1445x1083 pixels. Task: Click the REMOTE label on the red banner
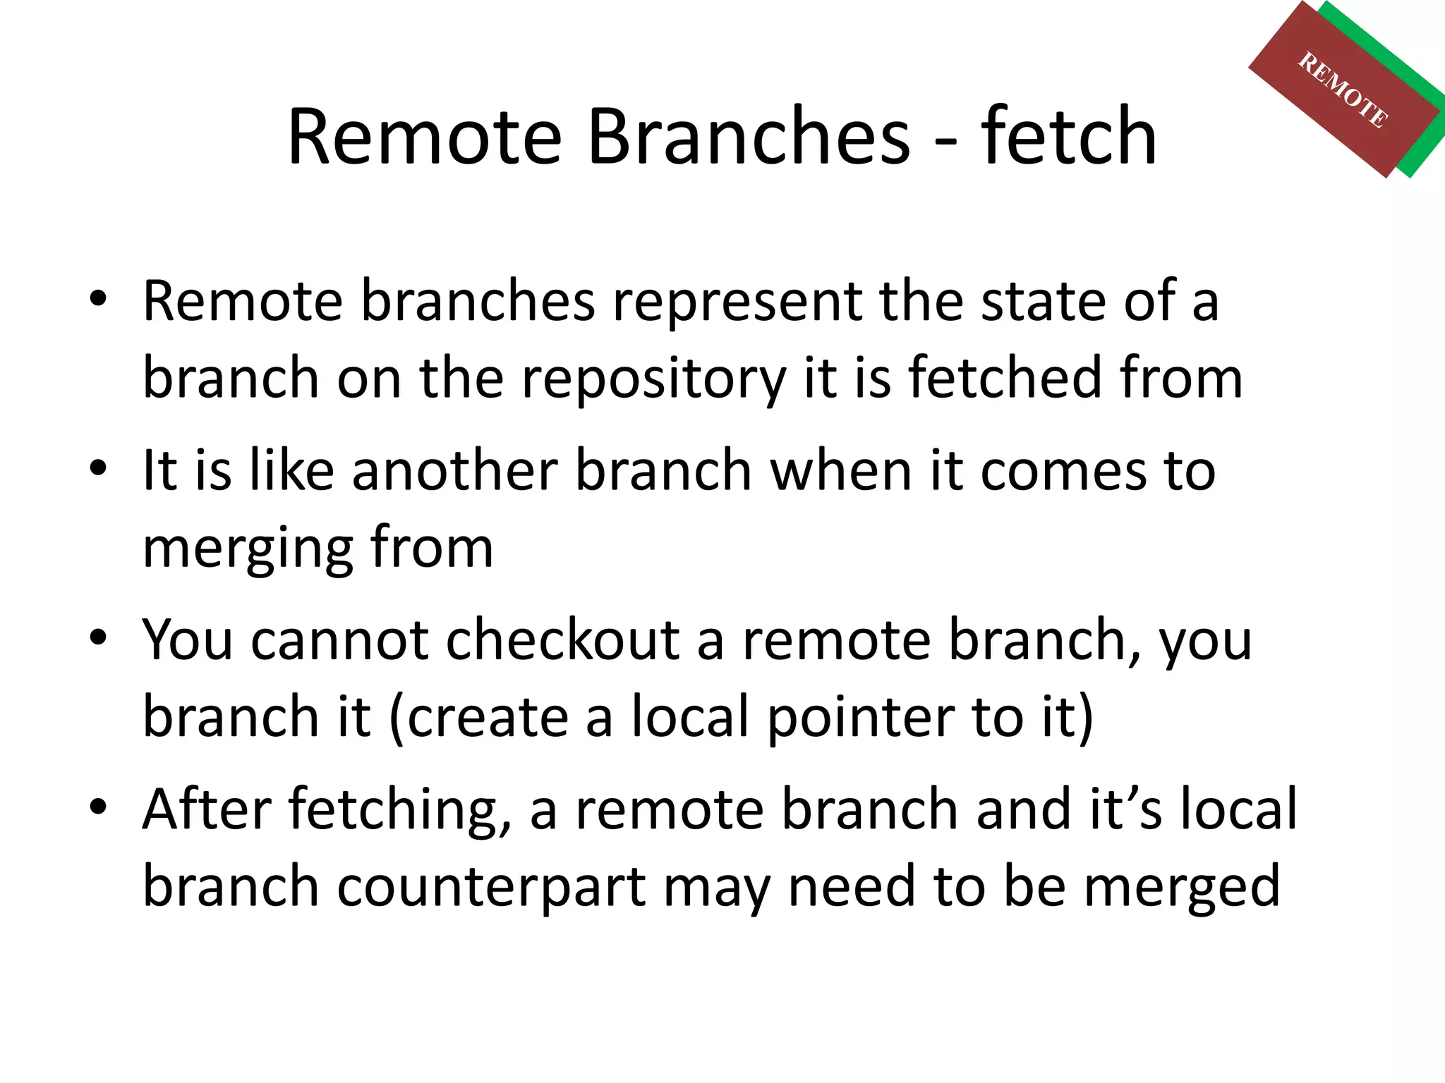1343,90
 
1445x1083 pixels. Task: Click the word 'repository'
653,379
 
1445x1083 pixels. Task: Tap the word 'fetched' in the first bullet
1005,378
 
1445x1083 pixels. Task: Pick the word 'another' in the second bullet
455,470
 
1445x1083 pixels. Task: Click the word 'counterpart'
491,887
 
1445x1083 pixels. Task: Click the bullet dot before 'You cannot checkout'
98,637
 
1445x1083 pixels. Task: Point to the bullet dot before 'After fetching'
98,806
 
